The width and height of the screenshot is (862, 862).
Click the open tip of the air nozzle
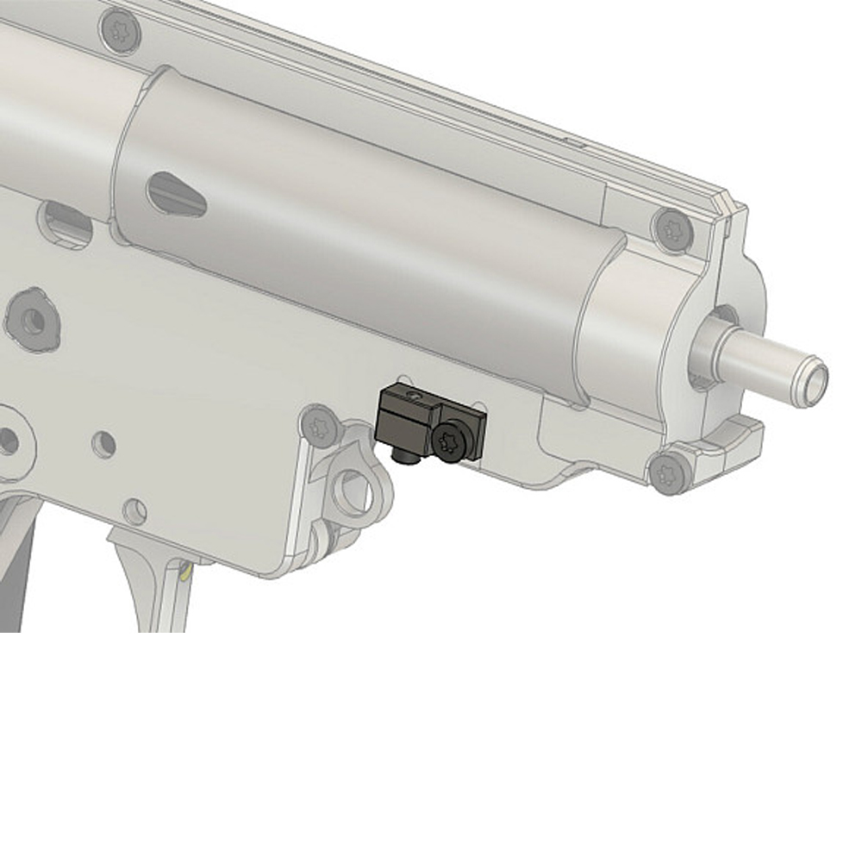pos(811,376)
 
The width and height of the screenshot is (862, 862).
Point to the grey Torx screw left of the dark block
pos(321,425)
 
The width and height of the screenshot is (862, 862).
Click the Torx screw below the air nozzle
pos(670,473)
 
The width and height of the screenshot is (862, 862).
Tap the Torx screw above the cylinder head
pos(671,228)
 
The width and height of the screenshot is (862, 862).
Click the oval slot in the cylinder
pos(177,193)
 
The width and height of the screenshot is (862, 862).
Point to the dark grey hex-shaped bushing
pos(33,320)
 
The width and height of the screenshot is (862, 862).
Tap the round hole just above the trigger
pos(134,510)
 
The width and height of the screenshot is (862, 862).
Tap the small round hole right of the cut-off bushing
pos(103,444)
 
